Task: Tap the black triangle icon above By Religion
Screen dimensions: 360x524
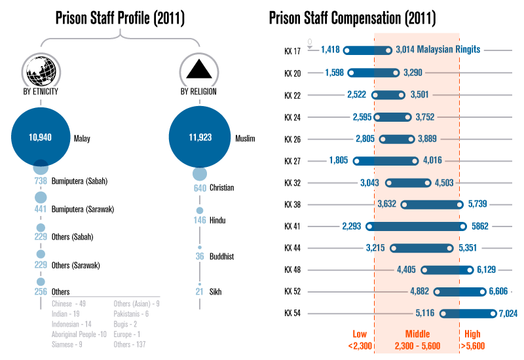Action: click(x=198, y=69)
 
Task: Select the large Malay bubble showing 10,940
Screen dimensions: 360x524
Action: click(x=41, y=137)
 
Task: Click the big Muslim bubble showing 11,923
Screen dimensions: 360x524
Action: click(x=198, y=137)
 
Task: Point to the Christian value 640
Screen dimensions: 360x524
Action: click(x=199, y=188)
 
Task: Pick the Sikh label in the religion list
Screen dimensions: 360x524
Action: click(x=215, y=291)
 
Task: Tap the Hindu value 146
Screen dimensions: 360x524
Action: click(x=199, y=221)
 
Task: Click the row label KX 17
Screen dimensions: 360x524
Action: click(x=293, y=50)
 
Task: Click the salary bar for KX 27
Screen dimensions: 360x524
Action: click(x=385, y=160)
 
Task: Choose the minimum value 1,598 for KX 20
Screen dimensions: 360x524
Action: click(x=335, y=73)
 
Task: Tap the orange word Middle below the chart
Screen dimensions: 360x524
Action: click(x=417, y=334)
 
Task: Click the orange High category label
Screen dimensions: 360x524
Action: click(x=472, y=334)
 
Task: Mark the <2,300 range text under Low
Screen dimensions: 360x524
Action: click(x=360, y=346)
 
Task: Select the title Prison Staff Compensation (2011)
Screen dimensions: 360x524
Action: click(x=352, y=18)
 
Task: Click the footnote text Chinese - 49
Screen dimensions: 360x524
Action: click(x=69, y=304)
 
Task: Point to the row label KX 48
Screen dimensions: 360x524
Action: click(x=293, y=270)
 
